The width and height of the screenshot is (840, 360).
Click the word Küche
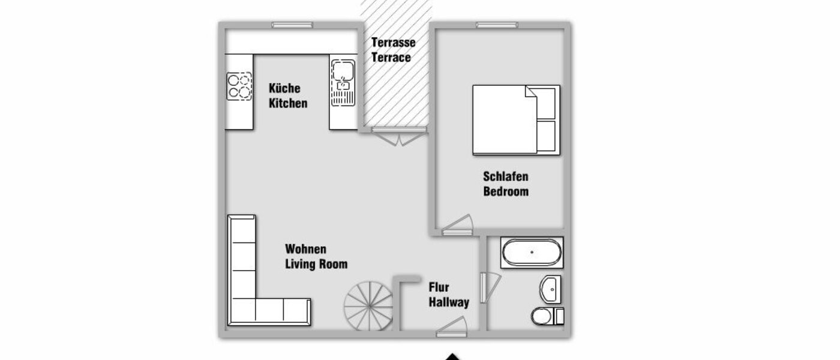(284, 88)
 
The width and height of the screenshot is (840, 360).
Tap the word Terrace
(391, 58)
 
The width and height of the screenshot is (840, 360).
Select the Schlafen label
(505, 177)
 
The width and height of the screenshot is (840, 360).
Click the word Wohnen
(306, 248)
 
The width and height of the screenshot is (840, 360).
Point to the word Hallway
(448, 302)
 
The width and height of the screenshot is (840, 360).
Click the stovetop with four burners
(239, 86)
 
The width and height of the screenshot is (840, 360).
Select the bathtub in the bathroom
(532, 253)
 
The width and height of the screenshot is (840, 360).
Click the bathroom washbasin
(551, 289)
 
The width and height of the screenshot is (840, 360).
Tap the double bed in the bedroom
(515, 120)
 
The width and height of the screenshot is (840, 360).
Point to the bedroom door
(457, 225)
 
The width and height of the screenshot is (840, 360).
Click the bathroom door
(488, 286)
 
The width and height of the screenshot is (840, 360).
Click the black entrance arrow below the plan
(454, 357)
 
